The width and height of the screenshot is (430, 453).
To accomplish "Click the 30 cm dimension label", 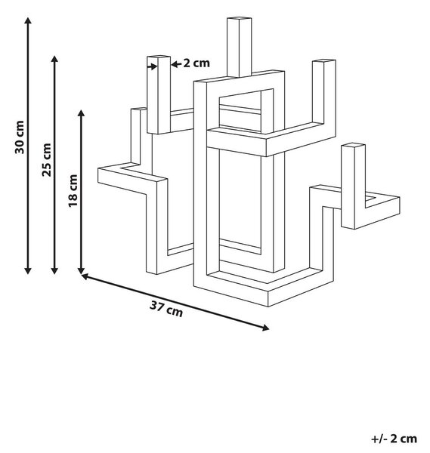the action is (x=20, y=137).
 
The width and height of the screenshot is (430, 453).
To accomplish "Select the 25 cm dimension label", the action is (x=46, y=160).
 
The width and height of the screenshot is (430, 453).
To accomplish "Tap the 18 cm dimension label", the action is (x=73, y=191).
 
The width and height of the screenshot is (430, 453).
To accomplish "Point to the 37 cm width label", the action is (x=166, y=309).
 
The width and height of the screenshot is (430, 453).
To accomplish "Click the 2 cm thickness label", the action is (x=196, y=63).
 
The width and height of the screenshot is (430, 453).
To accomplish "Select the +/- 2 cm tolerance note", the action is (x=394, y=439).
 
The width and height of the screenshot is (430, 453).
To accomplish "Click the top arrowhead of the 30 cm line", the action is (x=28, y=20).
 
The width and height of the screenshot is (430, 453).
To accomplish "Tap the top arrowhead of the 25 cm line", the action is (x=54, y=59).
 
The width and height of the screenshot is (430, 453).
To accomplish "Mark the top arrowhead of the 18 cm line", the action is (x=82, y=113).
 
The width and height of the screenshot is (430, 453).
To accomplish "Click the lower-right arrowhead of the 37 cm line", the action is (x=265, y=328).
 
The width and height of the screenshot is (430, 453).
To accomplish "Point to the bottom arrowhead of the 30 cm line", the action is (x=28, y=271).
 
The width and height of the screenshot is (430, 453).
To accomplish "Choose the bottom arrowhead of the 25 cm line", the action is (x=54, y=271).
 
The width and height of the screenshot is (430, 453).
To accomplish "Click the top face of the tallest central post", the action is (x=239, y=19).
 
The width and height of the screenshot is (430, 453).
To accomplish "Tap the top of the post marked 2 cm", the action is (x=159, y=57).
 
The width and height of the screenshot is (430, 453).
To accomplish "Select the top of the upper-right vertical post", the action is (x=324, y=61).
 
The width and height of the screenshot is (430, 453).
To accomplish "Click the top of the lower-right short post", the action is (x=353, y=145).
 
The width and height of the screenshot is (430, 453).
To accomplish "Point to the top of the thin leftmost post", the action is (x=138, y=109).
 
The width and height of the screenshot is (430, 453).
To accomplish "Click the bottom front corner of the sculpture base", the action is (x=268, y=307).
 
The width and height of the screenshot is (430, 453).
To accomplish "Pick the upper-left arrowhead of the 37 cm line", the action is (x=85, y=276).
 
